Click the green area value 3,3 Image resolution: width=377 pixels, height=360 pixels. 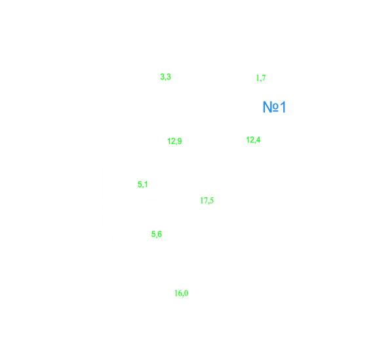click(165, 77)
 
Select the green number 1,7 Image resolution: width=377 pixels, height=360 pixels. click(261, 78)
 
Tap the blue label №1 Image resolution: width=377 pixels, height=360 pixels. click(274, 107)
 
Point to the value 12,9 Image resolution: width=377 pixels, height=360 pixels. click(174, 141)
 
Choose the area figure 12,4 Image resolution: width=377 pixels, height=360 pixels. click(253, 140)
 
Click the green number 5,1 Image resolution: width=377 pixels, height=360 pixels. click(142, 184)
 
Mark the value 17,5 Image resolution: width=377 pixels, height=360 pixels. click(207, 200)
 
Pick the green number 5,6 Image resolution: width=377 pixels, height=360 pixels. click(157, 234)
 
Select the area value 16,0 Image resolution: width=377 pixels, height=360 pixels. click(181, 293)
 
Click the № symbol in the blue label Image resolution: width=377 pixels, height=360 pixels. click(271, 107)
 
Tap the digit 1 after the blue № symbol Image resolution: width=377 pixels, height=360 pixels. click(283, 107)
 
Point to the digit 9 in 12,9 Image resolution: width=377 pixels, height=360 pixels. click(180, 141)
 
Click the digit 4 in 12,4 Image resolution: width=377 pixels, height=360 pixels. click(258, 140)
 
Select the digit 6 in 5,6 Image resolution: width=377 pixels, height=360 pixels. click(159, 233)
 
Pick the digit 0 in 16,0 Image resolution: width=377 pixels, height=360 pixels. click(186, 293)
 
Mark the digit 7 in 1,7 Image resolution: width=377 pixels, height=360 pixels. click(264, 77)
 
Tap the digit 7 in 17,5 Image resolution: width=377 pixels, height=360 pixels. click(205, 200)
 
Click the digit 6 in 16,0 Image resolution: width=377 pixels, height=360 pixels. click(179, 293)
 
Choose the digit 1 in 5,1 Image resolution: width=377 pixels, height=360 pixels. click(146, 184)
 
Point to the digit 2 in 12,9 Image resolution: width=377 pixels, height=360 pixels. click(172, 141)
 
